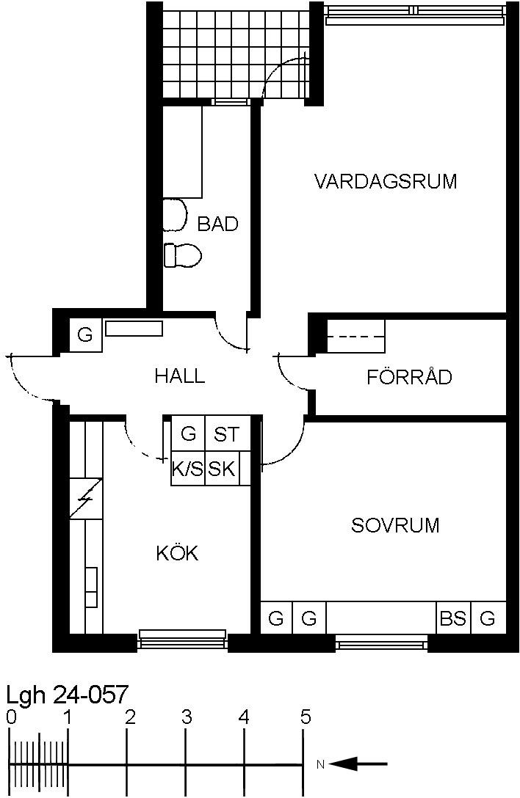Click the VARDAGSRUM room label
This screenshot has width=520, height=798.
click(386, 181)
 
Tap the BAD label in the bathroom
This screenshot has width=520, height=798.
click(217, 224)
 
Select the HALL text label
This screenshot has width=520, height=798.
click(180, 376)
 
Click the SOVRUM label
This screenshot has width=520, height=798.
click(395, 524)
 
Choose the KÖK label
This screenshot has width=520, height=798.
click(178, 552)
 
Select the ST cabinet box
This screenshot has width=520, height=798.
click(227, 433)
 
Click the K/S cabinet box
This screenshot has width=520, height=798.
click(187, 468)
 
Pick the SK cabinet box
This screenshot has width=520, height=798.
click(223, 468)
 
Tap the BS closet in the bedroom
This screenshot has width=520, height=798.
click(453, 618)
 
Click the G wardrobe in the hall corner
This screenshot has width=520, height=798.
click(85, 335)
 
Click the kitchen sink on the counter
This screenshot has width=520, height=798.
click(91, 587)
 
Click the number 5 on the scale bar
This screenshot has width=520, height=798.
click(306, 717)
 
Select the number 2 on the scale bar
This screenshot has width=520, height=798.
click(131, 717)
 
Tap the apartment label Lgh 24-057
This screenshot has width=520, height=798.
click(67, 694)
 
